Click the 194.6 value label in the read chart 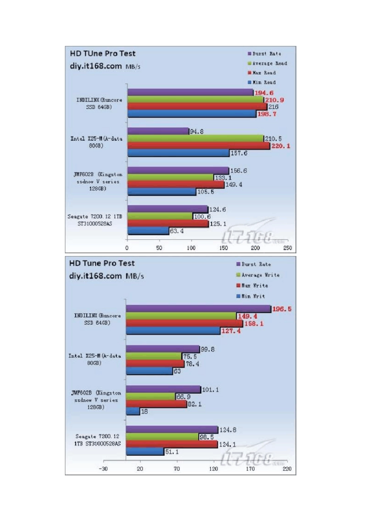[264, 93]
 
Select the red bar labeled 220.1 [199, 146]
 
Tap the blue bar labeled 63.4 [148, 231]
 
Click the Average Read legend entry [267, 63]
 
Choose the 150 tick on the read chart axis [223, 248]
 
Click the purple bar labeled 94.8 [158, 132]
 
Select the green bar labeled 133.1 [170, 178]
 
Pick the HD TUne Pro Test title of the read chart [103, 54]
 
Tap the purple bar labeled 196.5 [198, 309]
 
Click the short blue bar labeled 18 [133, 412]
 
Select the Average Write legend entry [258, 275]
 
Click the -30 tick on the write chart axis [103, 469]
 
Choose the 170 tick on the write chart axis [250, 469]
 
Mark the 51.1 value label [172, 452]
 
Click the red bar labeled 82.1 [156, 404]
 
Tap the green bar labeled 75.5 [154, 356]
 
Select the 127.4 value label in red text [231, 331]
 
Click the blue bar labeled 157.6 [178, 153]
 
